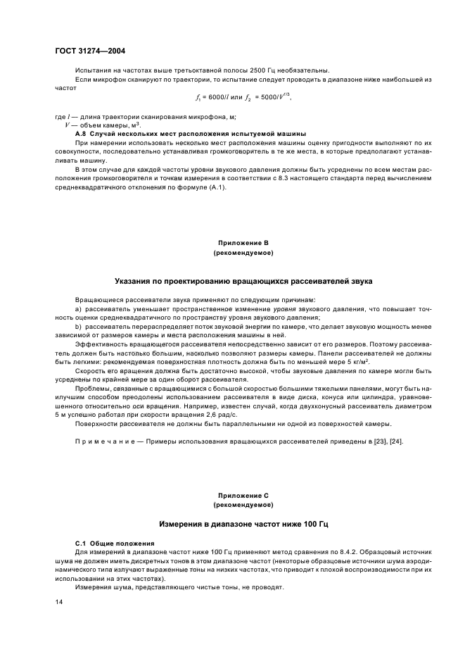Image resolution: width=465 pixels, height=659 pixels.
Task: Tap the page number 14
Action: pyautogui.click(x=59, y=602)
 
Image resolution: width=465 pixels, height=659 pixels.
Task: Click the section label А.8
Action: pyautogui.click(x=80, y=133)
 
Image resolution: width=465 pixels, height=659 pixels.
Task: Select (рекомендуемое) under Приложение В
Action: pyautogui.click(x=243, y=251)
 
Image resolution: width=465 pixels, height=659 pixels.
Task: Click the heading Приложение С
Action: pyautogui.click(x=243, y=496)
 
